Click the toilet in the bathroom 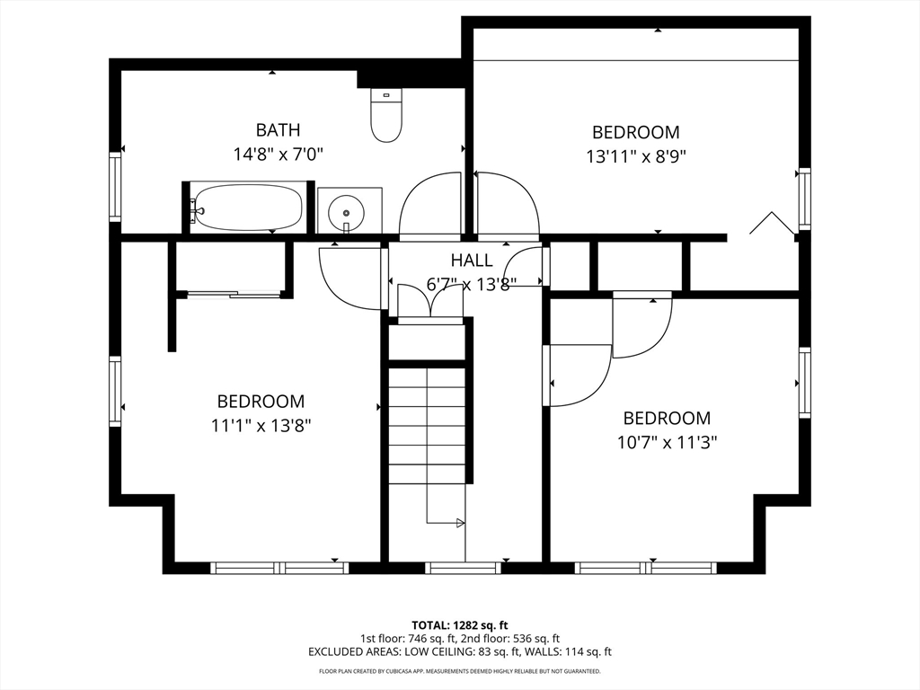(x=386, y=115)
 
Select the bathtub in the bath (x=248, y=208)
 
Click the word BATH (x=279, y=129)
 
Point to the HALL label (x=472, y=260)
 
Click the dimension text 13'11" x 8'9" (x=636, y=156)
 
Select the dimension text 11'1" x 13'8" (x=261, y=425)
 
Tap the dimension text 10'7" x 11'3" (x=668, y=442)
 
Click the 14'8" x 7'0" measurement (x=279, y=155)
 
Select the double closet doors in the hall (x=431, y=300)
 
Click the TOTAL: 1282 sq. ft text (x=459, y=625)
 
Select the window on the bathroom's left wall (x=115, y=186)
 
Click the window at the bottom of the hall (x=463, y=568)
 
